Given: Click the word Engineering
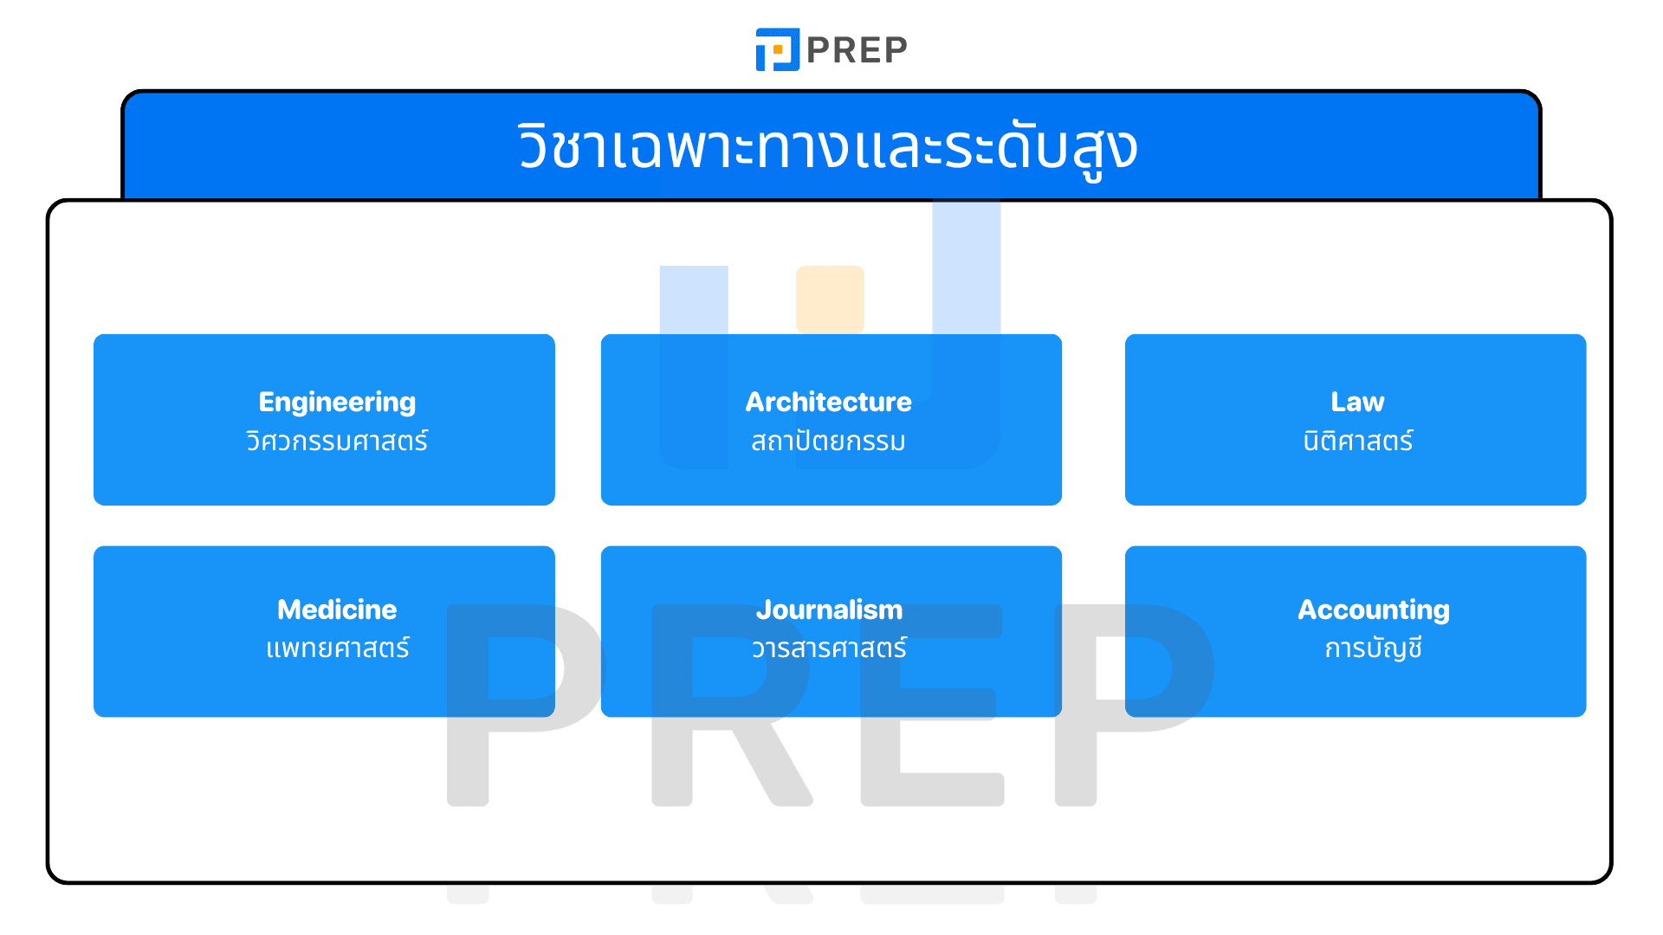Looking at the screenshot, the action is click(337, 403).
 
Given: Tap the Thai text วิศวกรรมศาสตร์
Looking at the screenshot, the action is click(337, 440).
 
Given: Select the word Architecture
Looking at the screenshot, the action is click(829, 402).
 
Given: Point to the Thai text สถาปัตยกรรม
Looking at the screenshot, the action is click(829, 440).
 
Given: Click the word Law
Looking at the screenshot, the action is click(1357, 402).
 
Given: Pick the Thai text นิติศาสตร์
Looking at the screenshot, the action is click(1357, 440).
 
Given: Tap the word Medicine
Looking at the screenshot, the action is click(337, 609).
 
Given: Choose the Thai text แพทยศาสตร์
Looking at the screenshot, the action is click(337, 648).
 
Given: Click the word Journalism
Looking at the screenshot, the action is click(829, 609).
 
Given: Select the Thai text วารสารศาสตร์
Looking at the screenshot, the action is click(829, 648).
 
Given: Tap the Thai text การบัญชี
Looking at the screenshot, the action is click(1373, 648).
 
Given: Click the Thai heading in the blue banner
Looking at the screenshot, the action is click(828, 149).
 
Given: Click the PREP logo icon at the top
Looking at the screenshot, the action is click(777, 49).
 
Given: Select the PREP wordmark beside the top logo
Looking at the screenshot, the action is click(857, 50).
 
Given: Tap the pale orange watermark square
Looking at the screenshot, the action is click(830, 299).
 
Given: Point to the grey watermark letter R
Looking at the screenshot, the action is click(732, 705).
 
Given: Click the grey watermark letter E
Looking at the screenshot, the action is click(932, 705).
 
